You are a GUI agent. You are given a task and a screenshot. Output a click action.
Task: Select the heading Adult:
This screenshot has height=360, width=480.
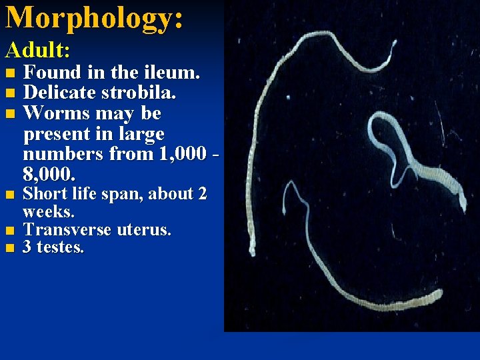[39, 50]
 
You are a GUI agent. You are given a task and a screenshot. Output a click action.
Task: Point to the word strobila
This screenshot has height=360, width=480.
[144, 93]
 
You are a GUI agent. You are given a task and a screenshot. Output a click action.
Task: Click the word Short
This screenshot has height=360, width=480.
[46, 195]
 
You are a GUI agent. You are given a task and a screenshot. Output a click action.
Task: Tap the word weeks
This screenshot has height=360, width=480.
[49, 212]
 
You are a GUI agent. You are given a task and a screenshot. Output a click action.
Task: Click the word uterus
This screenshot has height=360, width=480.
[144, 230]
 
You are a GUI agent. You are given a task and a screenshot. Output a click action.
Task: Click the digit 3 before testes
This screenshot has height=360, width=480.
[28, 248]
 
